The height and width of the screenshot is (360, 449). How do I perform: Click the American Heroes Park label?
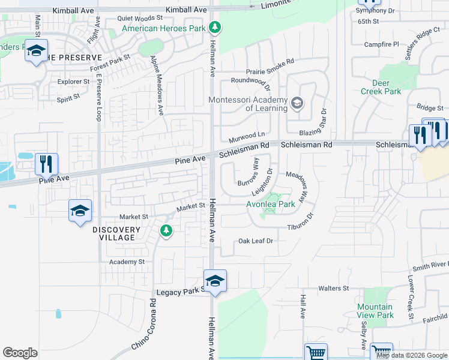pos(163,28)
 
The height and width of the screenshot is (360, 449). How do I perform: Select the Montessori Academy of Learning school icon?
pos(297,104)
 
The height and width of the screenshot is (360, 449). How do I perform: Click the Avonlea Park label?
pos(271,204)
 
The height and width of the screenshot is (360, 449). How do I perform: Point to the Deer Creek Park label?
pos(381,87)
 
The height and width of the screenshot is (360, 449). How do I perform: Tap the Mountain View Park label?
pos(375,311)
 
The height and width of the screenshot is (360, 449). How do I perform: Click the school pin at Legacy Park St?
pos(214,281)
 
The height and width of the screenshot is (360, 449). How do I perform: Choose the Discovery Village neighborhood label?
pos(116,233)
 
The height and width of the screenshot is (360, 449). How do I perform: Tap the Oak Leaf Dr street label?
pos(256,241)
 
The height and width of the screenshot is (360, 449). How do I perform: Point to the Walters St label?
pos(333,289)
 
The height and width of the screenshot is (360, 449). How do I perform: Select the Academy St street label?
pos(127,262)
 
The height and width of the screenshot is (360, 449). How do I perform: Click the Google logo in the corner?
pos(20,353)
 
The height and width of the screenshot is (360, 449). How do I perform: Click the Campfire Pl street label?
pos(382,44)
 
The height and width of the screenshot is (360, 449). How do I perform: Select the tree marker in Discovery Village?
pos(166,230)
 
